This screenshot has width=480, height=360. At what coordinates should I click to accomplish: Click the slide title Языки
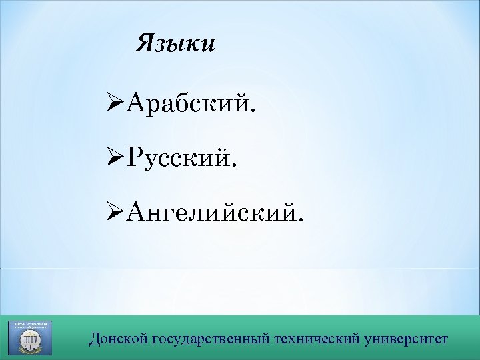[175, 44]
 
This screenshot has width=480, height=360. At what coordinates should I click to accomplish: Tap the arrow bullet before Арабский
[115, 104]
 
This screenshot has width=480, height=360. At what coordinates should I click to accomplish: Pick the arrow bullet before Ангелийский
[115, 213]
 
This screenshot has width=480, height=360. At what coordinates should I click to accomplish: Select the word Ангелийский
[211, 213]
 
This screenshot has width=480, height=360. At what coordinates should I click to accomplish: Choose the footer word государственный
[212, 338]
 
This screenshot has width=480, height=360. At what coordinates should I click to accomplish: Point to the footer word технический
[319, 338]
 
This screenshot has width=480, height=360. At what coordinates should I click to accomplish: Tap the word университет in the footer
[407, 338]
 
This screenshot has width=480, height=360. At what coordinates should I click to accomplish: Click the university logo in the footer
[29, 337]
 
